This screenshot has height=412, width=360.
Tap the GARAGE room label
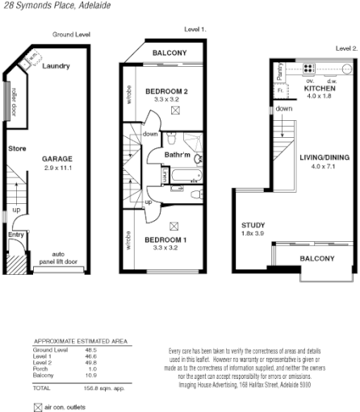(x=57, y=160)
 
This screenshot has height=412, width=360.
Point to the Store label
(x=17, y=149)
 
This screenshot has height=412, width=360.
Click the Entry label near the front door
(x=16, y=235)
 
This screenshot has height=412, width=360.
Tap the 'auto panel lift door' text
(x=64, y=257)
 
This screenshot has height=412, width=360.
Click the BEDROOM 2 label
(x=166, y=93)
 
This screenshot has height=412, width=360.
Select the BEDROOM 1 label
(x=166, y=240)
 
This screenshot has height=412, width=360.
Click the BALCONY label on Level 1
(x=165, y=53)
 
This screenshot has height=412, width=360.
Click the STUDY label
(x=253, y=225)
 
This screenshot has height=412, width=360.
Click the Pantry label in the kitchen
(x=277, y=72)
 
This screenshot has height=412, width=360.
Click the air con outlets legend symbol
(x=36, y=408)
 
